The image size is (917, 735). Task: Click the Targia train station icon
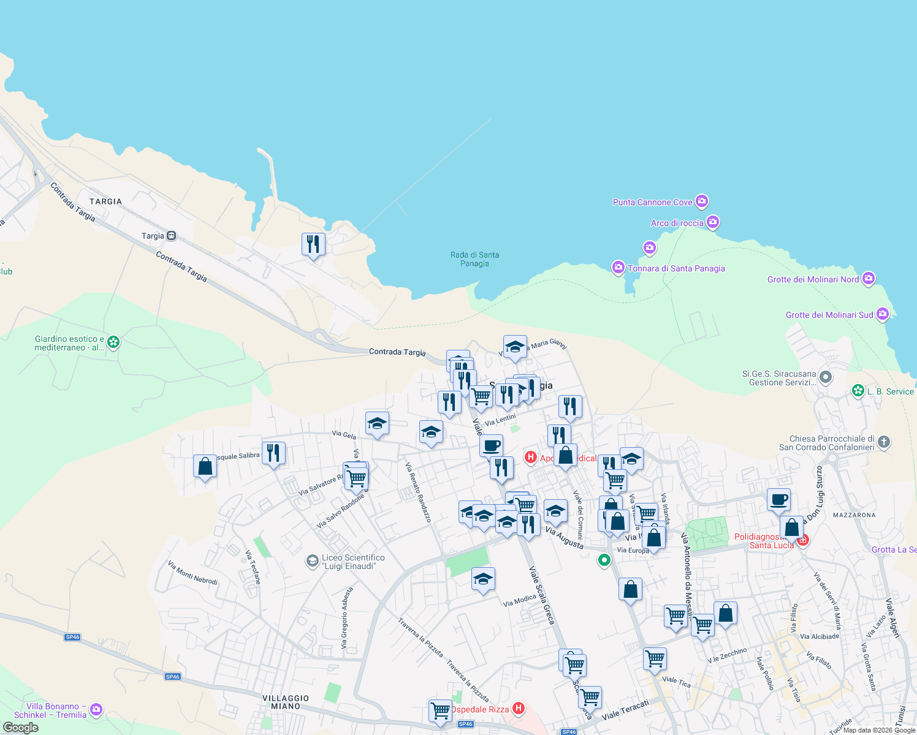171,236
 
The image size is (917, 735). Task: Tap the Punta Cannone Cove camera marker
702,202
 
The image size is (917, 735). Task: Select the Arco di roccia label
677,223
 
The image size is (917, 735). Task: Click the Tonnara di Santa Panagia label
676,268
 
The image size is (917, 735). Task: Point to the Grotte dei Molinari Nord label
813,279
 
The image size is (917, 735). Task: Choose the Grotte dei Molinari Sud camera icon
883,315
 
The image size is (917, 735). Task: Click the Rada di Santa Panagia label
474,259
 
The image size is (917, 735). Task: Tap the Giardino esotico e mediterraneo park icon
113,342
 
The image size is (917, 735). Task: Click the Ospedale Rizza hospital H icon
519,709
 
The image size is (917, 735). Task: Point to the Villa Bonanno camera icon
96,710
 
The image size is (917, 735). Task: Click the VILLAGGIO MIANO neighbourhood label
286,702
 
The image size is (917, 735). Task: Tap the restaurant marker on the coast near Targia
313,244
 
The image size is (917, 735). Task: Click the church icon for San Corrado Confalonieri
883,441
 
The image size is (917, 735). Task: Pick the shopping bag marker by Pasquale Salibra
205,467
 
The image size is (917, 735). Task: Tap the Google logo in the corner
21,727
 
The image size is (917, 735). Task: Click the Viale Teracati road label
625,710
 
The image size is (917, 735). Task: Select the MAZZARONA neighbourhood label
854,515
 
